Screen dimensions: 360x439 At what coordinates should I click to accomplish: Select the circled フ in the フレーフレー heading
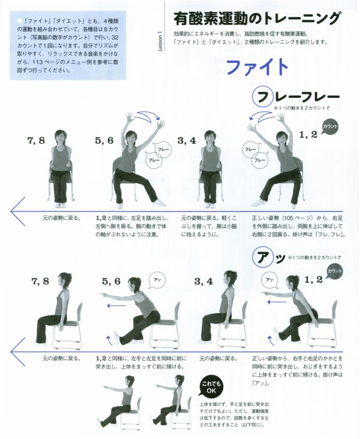[x=263, y=96]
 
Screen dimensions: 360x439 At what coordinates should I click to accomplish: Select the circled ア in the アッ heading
[x=262, y=257]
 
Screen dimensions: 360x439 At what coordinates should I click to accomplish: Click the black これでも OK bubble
[x=210, y=387]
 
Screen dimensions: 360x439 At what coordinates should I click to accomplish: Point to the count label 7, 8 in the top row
[x=36, y=141]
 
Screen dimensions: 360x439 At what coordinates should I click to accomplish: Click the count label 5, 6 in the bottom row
[x=111, y=281]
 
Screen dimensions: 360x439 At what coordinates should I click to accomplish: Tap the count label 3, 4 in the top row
[x=187, y=141]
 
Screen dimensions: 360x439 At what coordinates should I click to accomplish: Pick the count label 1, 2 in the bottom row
[x=313, y=279]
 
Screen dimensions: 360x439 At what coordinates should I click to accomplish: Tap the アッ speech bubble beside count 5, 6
[x=157, y=280]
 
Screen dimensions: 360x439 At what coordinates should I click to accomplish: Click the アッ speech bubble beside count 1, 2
[x=270, y=280]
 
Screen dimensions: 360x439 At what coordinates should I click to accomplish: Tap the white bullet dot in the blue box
[x=20, y=21]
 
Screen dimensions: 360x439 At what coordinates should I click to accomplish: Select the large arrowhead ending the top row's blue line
[x=18, y=211]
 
